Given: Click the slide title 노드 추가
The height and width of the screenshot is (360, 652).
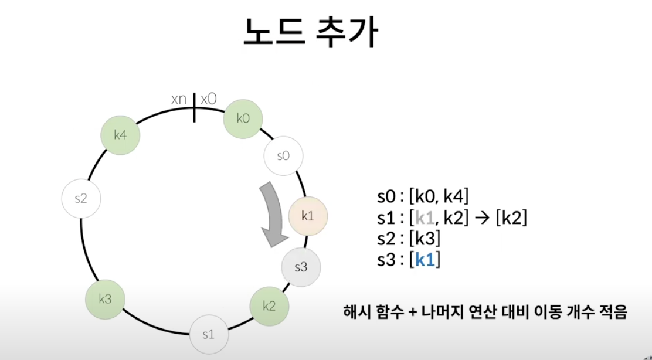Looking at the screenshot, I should point(311,34).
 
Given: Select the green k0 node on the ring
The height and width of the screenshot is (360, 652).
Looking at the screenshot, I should point(243,118).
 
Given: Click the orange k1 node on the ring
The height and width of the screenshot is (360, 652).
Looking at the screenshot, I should point(308,216).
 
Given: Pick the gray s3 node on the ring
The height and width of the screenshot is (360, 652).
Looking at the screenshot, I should point(300,267).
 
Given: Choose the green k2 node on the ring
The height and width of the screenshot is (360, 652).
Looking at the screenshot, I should point(269,305).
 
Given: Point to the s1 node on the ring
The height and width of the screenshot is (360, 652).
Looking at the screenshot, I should point(208,335).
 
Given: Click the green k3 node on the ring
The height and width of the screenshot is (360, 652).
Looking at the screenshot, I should point(106,300).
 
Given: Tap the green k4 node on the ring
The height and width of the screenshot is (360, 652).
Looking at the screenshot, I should point(120,135).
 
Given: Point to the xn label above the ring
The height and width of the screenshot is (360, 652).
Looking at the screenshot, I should point(179,99).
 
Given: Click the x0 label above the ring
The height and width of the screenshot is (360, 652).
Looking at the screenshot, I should point(208,99).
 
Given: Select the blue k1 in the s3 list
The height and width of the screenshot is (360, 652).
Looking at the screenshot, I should point(425,259).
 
